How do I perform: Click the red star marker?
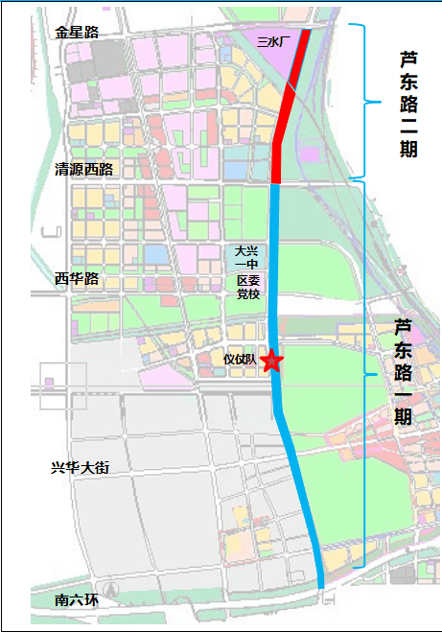coord(271,362)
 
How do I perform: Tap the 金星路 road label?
coord(78,32)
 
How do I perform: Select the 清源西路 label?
coord(84,169)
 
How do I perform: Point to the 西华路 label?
coord(77,278)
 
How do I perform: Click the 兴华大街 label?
coord(81,467)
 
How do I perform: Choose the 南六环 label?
coord(77,600)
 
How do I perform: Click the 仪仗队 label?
coord(240,360)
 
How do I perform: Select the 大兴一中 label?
coord(247,257)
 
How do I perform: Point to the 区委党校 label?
coord(247,287)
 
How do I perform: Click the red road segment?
coord(288,105)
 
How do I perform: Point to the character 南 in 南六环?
coord(62,600)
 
